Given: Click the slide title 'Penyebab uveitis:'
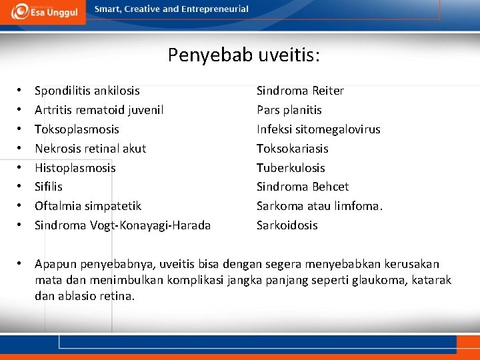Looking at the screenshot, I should pyautogui.click(x=243, y=55).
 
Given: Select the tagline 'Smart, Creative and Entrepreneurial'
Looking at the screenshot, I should pyautogui.click(x=171, y=9).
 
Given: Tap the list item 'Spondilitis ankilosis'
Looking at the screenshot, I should pyautogui.click(x=87, y=90).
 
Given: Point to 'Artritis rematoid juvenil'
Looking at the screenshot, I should pyautogui.click(x=99, y=109).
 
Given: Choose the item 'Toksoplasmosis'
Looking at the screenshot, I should pyautogui.click(x=77, y=129).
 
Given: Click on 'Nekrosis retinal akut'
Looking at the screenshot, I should pyautogui.click(x=90, y=148).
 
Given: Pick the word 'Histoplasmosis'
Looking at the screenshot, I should pyautogui.click(x=75, y=167).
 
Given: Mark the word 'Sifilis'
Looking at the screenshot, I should pyautogui.click(x=48, y=186).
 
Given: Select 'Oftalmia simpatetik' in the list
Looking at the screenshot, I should pyautogui.click(x=87, y=205).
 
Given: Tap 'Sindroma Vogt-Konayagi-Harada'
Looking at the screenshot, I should pyautogui.click(x=123, y=225).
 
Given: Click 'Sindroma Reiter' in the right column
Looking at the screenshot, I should pyautogui.click(x=300, y=90).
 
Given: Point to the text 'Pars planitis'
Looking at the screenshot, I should pyautogui.click(x=289, y=109).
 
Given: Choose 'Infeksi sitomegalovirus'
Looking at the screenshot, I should pyautogui.click(x=319, y=129).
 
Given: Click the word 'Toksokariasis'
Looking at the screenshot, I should pyautogui.click(x=292, y=148).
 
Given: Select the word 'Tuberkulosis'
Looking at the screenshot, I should pyautogui.click(x=291, y=167).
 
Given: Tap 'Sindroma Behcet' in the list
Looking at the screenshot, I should pyautogui.click(x=303, y=186).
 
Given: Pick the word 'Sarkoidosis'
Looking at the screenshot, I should pyautogui.click(x=287, y=225).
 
